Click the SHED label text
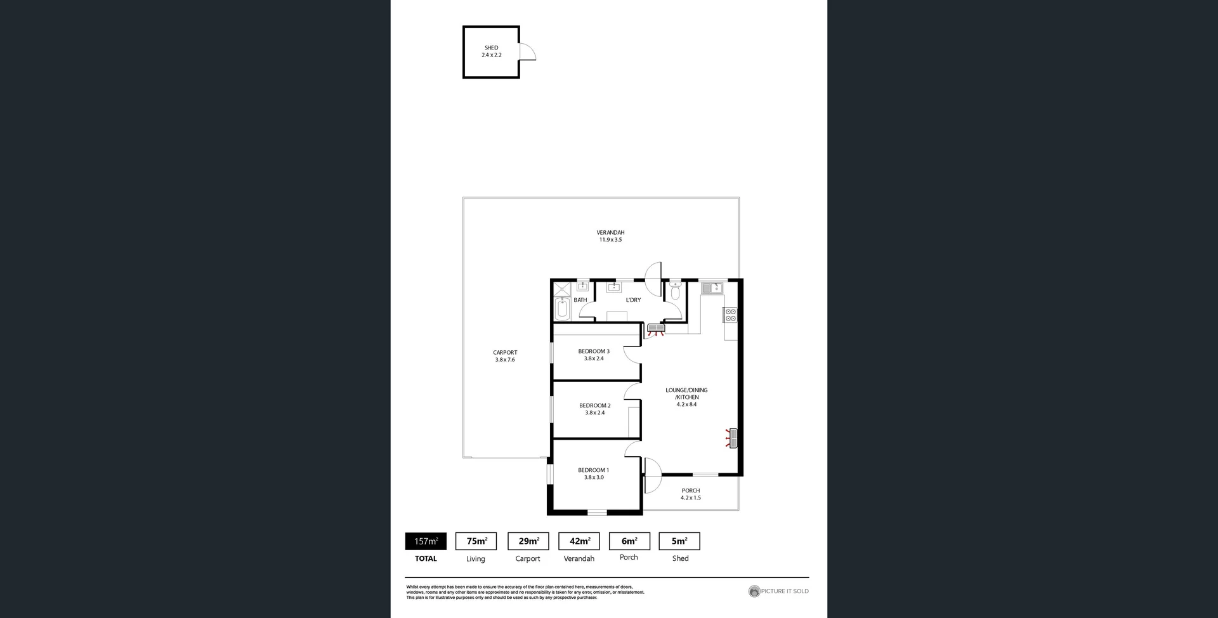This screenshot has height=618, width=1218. click(491, 48)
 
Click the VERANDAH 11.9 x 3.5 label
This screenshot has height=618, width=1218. click(610, 236)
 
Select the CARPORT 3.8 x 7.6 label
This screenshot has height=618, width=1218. click(505, 356)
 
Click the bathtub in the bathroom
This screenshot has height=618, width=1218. click(562, 310)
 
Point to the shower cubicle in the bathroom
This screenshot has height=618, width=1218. click(562, 290)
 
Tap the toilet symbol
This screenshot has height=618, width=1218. click(675, 292)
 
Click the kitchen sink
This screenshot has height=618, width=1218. click(712, 289)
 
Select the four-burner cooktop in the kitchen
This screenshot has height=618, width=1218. click(730, 315)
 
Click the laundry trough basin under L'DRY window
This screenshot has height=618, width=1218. click(613, 288)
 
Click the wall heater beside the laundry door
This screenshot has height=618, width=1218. click(655, 329)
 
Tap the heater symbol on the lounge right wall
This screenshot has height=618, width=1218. click(733, 438)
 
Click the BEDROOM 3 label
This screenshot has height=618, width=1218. click(594, 351)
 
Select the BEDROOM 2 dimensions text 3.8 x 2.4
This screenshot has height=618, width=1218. click(595, 413)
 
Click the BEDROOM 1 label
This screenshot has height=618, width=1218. click(593, 470)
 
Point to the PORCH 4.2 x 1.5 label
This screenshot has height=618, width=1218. click(691, 494)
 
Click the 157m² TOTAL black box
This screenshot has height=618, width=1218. click(426, 541)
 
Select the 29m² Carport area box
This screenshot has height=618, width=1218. click(528, 541)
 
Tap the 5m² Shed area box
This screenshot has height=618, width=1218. click(679, 541)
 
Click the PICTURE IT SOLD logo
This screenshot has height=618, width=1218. click(778, 591)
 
